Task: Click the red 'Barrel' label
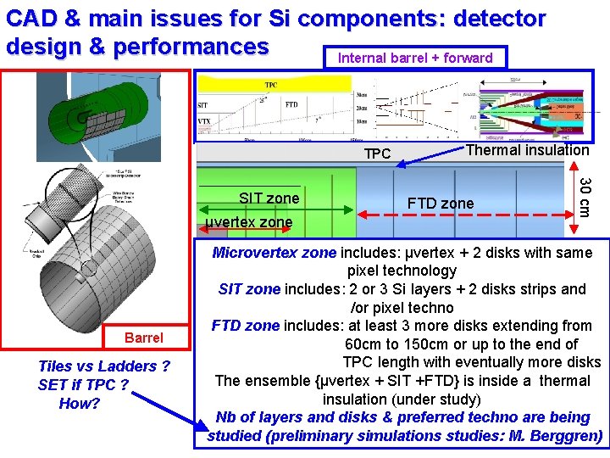click(x=143, y=338)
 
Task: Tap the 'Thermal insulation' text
click(x=528, y=150)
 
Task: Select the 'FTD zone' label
click(x=441, y=204)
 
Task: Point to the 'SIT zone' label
click(x=269, y=198)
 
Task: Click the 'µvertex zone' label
click(x=249, y=222)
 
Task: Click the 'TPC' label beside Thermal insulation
click(x=377, y=154)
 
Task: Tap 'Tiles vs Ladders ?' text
click(x=104, y=366)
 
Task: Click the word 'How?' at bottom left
click(x=80, y=404)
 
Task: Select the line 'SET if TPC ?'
click(x=83, y=385)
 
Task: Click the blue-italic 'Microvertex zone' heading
click(x=274, y=253)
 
